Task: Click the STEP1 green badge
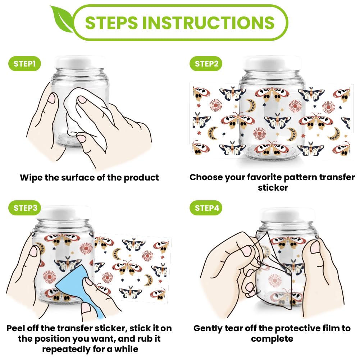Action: (x=24, y=64)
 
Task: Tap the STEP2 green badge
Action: (x=206, y=64)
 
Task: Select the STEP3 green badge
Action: (x=24, y=208)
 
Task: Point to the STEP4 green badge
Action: (x=206, y=208)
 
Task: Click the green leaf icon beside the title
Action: (x=61, y=19)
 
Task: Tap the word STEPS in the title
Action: (x=111, y=23)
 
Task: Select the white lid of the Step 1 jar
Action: (x=80, y=63)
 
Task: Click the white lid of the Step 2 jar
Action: (x=272, y=63)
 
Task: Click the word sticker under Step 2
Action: (x=273, y=188)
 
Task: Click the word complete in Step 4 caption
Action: (x=272, y=339)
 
